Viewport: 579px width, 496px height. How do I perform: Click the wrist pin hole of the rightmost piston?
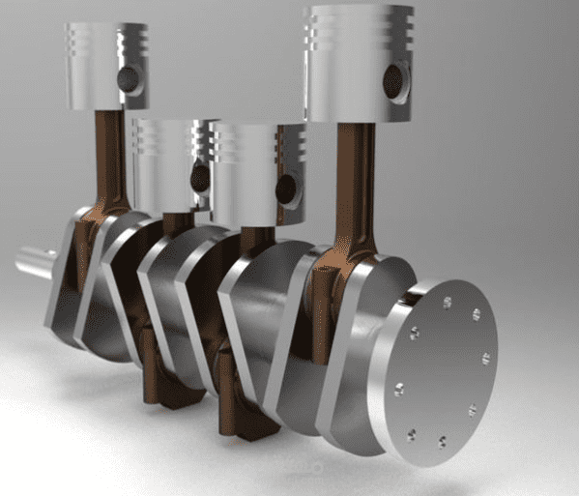pyautogui.click(x=394, y=81)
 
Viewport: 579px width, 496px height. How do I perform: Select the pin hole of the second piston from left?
pyautogui.click(x=200, y=176)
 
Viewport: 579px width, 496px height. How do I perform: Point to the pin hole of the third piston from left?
pyautogui.click(x=286, y=188)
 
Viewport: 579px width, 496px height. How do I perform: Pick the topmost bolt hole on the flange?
pyautogui.click(x=447, y=302)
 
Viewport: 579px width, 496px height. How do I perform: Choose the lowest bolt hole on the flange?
pyautogui.click(x=441, y=443)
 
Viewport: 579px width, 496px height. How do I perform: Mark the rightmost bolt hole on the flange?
pyautogui.click(x=485, y=359)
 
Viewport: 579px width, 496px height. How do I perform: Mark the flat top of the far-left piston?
pyautogui.click(x=106, y=26)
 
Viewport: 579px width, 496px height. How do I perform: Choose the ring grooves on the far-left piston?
pyautogui.click(x=82, y=44)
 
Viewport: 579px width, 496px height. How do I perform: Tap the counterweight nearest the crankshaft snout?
pyautogui.click(x=68, y=290)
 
